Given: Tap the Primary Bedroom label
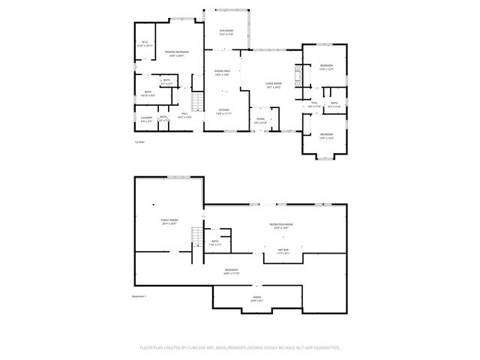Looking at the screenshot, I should [177, 52].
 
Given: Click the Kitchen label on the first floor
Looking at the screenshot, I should [223, 112].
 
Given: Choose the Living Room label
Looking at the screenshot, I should [273, 85].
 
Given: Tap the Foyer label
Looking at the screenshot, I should [260, 120].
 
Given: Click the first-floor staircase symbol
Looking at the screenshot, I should [198, 101].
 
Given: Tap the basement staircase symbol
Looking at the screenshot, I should [198, 236].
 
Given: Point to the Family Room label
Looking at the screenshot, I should [168, 222].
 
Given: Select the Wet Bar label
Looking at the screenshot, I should [283, 251].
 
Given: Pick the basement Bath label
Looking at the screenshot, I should [214, 243].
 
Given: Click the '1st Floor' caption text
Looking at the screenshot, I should [139, 142].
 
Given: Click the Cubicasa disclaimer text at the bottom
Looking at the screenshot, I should [240, 348].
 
